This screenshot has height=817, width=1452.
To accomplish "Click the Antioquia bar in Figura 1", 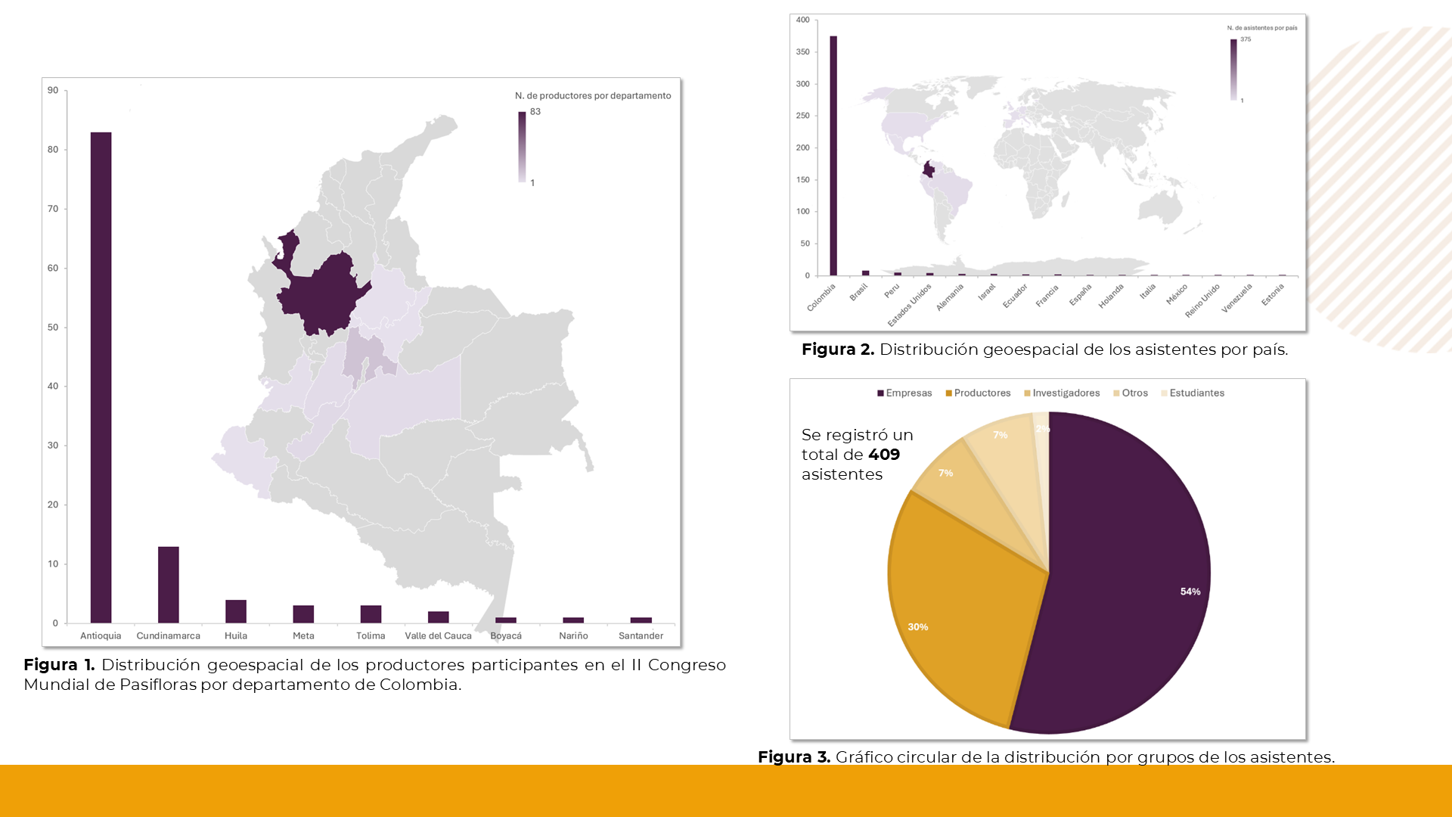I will pos(101,378).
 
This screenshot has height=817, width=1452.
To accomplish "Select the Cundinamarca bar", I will pos(168,584).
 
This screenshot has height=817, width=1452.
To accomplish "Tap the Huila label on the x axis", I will pos(236,635).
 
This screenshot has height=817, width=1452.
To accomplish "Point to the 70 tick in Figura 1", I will pos(53,209).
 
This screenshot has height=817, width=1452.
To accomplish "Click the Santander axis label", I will pos(641,635).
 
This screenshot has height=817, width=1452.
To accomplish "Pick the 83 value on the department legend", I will pos(535,112).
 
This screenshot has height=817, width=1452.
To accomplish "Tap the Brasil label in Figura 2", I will pos(859,292).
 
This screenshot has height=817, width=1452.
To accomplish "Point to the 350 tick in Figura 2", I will pos(802,52).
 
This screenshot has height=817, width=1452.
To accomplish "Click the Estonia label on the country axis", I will pos(1273,294).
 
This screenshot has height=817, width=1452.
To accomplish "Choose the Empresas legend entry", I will pos(904,393).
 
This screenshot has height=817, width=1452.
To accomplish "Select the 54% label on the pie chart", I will pos(1190,592).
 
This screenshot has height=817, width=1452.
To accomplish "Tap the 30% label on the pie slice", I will pos(918,627).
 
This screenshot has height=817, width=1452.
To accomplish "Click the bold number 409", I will pos(884,455).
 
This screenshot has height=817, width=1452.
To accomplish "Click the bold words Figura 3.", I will pos(794,757).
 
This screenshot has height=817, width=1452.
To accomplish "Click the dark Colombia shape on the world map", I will pos(929,170).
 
